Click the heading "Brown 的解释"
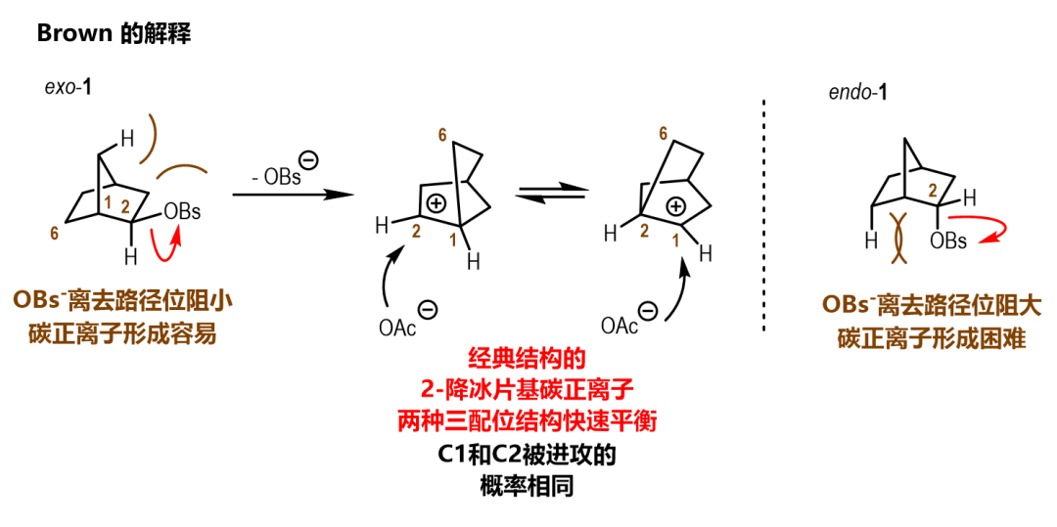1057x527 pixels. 113,33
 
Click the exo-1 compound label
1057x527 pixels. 69,87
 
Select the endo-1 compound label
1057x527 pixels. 857,94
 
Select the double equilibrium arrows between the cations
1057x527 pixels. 550,197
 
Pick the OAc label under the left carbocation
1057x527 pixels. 397,328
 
